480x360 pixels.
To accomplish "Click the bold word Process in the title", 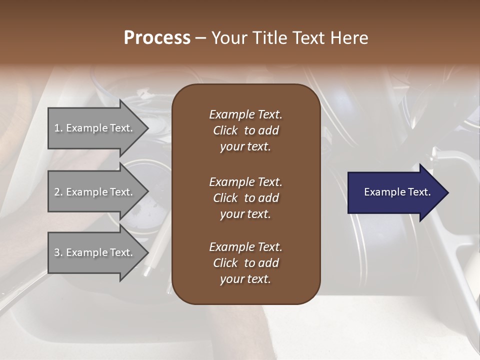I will (157, 38).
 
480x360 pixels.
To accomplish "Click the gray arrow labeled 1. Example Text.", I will (94, 128).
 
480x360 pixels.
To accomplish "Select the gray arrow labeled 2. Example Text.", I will (94, 192).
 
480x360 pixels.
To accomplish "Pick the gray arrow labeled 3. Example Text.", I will (94, 252).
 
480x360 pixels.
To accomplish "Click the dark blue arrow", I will (395, 192).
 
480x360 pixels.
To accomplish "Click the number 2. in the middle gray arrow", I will (58, 192).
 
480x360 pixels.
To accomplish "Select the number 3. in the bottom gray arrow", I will (58, 252).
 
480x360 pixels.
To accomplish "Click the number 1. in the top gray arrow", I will (58, 128).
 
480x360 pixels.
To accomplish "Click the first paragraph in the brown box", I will (245, 130).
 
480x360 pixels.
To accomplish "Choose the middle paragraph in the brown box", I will (245, 197).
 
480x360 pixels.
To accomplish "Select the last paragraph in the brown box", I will (245, 263).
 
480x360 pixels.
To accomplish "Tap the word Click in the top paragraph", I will (225, 130).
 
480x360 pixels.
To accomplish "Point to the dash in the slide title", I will (201, 38).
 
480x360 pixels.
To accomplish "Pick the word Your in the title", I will (229, 38).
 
